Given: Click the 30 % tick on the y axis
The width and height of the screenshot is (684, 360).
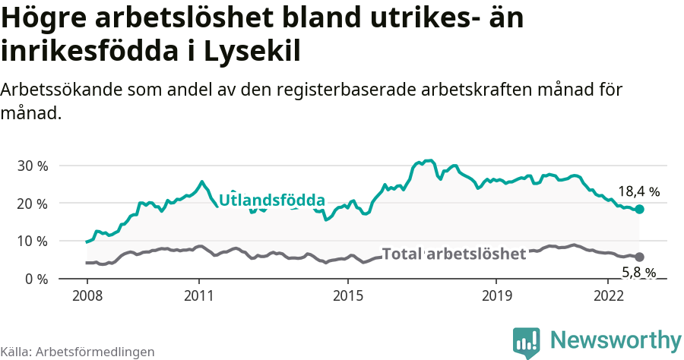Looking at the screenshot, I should tap(32, 166).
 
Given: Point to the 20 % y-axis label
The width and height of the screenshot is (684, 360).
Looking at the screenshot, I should tap(32, 204).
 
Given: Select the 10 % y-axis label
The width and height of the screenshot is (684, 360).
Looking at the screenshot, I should tap(32, 241).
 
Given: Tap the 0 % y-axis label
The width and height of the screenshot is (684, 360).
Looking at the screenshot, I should tap(35, 279).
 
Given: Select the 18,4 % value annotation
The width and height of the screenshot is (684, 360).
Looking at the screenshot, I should tap(638, 191).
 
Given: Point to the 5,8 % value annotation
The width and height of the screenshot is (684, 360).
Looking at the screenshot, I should tap(638, 272).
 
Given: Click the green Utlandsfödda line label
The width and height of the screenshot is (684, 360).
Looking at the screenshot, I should tap(272, 201).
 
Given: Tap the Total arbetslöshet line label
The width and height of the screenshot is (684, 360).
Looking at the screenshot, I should tap(454, 254).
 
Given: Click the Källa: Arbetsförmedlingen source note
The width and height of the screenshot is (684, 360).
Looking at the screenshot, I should tap(78, 352).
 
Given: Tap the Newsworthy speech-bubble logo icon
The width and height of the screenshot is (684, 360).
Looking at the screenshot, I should tap(527, 342).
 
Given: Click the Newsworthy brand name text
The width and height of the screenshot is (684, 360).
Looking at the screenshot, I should tap(616, 339).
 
